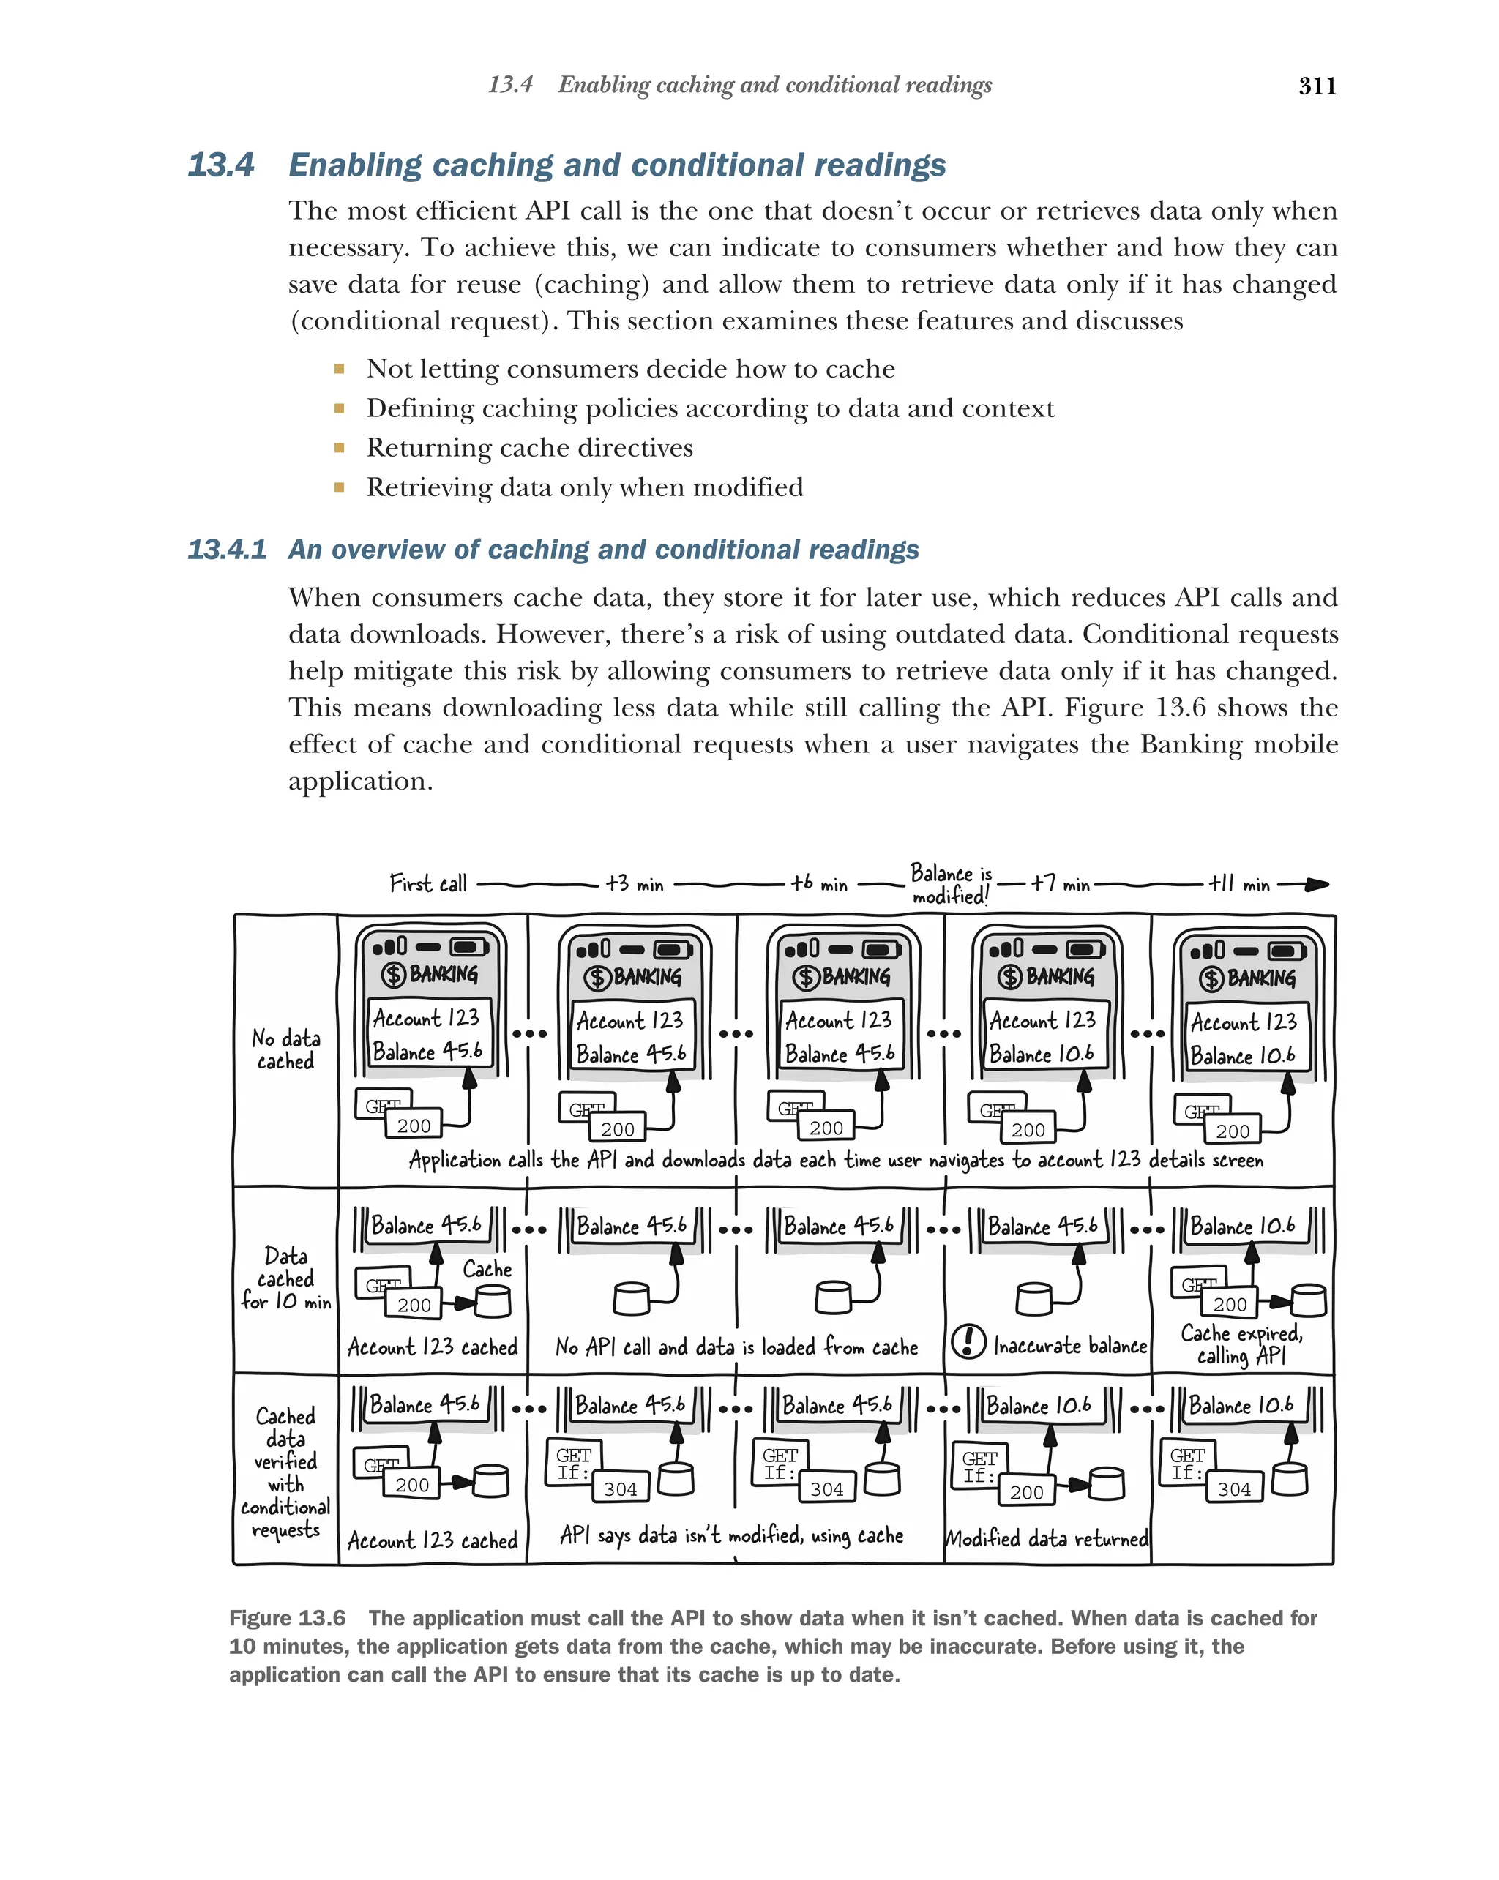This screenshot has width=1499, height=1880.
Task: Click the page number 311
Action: tap(1317, 86)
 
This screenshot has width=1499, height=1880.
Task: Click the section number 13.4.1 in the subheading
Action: tap(227, 550)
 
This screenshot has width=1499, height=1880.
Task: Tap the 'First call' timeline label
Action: tap(428, 883)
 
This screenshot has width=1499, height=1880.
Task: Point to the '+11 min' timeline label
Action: tap(1238, 884)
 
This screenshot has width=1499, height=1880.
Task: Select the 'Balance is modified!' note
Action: tap(951, 884)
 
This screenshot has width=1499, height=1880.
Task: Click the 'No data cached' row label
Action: tap(285, 1049)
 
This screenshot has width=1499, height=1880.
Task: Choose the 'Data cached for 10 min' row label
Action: tap(285, 1278)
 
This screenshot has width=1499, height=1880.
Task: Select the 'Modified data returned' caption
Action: tap(1047, 1539)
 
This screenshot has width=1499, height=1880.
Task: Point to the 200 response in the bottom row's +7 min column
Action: tap(1026, 1492)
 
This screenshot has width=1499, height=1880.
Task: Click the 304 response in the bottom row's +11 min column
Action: tap(1234, 1489)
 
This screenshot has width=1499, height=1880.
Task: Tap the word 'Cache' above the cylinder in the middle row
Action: tap(487, 1270)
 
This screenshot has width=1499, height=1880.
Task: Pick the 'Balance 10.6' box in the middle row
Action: tap(1243, 1226)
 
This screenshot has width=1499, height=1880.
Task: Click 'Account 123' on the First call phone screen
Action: tap(427, 1018)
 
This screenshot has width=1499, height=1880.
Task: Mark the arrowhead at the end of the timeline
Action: tap(1317, 884)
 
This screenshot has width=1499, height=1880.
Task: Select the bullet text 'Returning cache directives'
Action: tap(529, 447)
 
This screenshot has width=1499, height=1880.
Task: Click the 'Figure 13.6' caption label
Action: tap(287, 1619)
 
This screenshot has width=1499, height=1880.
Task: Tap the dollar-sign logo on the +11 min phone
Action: tap(1211, 978)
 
